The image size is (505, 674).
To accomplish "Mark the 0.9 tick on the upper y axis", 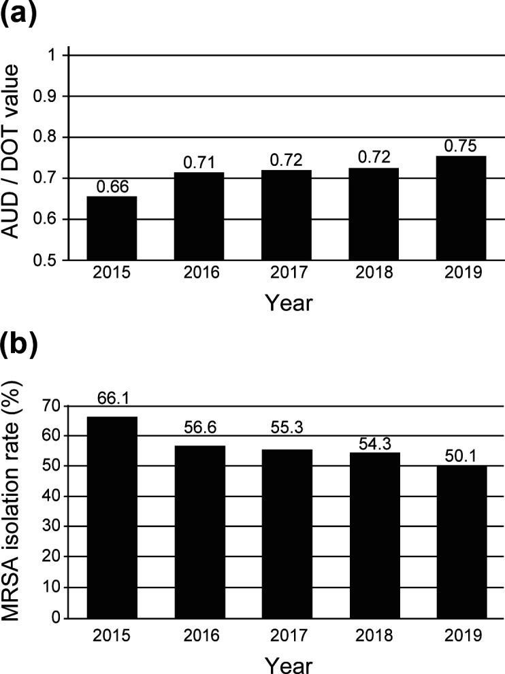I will pos(52,97).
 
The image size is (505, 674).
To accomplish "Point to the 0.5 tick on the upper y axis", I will pos(52,260).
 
